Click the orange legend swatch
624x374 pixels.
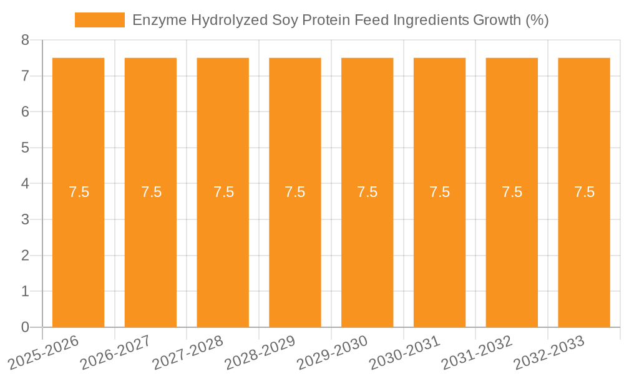pos(99,20)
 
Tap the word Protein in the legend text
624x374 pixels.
pos(324,20)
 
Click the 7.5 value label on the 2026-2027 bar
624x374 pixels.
pos(151,192)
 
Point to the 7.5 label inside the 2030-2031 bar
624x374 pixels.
pos(440,192)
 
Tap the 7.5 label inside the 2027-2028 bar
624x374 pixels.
pos(223,192)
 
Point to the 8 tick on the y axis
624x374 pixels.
pos(26,40)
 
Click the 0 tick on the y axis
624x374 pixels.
pos(26,327)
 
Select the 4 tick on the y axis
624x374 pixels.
pos(26,184)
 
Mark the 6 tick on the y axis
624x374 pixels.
pos(26,112)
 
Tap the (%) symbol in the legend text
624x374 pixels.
pos(537,20)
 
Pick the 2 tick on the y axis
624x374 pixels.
pos(26,256)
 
